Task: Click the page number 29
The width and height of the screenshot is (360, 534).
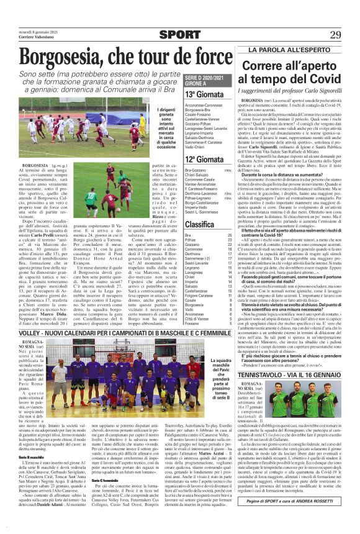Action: pyautogui.click(x=336, y=35)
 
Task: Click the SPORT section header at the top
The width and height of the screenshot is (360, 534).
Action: pyautogui.click(x=179, y=35)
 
